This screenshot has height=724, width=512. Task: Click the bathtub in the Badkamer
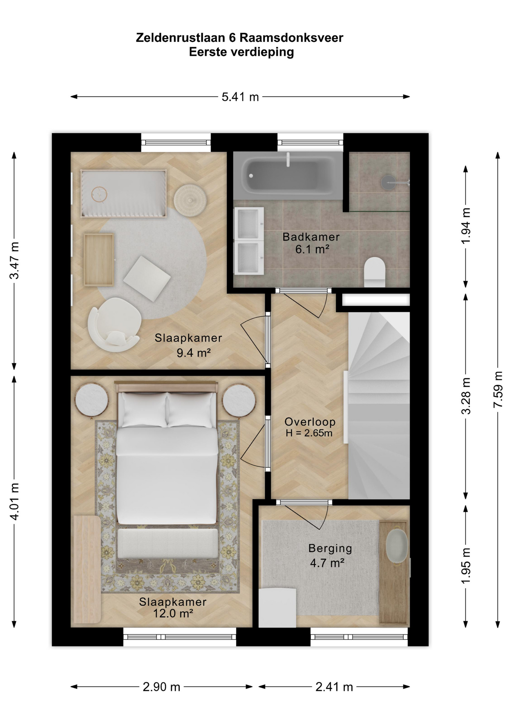pos(288,175)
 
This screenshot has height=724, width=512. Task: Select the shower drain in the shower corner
pos(388,183)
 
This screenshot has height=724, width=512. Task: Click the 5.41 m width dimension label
pos(240,97)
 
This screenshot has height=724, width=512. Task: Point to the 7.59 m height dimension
pos(498,390)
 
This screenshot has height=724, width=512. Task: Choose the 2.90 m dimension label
pos(161,687)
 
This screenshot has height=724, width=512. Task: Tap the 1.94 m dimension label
pos(466,226)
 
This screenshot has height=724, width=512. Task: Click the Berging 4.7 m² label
pos(330,555)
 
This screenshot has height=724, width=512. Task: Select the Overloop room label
pos(310,422)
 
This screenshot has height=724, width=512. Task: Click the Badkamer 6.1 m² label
pos(311,243)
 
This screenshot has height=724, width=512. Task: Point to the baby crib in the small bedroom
pos(123,193)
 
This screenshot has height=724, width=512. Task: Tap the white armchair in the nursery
pos(114,325)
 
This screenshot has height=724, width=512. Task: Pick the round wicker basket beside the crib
pos(190,201)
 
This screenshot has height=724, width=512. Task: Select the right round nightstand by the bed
pos(239,400)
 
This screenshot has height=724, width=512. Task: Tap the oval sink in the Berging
pos(397,546)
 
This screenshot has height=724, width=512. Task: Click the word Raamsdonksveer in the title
pos(291,38)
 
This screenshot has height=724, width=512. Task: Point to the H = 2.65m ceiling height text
pos(309,433)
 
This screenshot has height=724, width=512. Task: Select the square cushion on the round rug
pos(147,279)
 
